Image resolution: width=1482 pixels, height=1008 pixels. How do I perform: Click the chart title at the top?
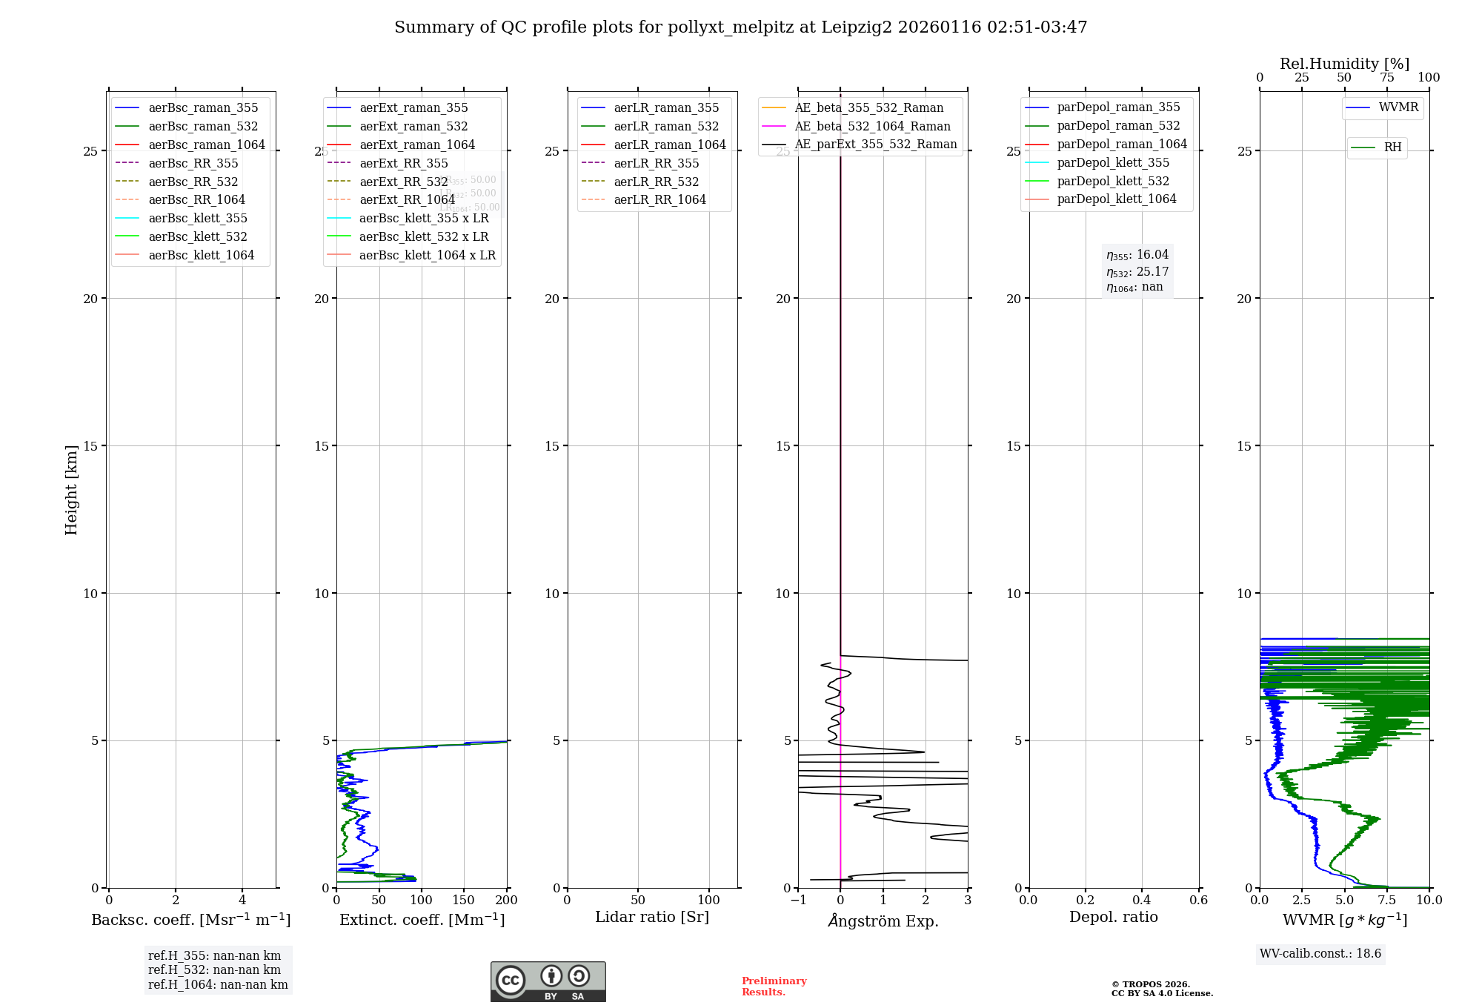point(740,27)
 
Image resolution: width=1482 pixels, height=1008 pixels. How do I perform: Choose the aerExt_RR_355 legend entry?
point(403,163)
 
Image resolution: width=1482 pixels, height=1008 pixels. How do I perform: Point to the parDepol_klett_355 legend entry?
point(1112,162)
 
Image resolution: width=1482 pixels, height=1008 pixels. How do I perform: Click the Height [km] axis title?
point(71,489)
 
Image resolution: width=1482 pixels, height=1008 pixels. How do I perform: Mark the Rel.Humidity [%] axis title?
point(1344,64)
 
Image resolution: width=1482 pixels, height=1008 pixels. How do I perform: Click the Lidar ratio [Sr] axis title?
point(652,917)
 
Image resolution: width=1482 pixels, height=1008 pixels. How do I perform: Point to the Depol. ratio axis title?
point(1113,917)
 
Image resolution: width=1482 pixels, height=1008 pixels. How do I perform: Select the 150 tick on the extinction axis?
point(464,901)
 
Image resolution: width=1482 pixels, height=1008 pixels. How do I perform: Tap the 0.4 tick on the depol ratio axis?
point(1142,901)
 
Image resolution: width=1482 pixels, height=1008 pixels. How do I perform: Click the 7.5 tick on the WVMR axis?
point(1387,901)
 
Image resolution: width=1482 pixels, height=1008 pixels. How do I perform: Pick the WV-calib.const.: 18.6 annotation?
point(1320,954)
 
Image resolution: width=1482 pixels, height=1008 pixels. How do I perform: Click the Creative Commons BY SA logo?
point(548,982)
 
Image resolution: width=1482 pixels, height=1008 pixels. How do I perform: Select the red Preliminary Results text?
point(774,987)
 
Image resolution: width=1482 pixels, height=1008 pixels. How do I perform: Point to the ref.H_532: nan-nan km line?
point(214,970)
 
